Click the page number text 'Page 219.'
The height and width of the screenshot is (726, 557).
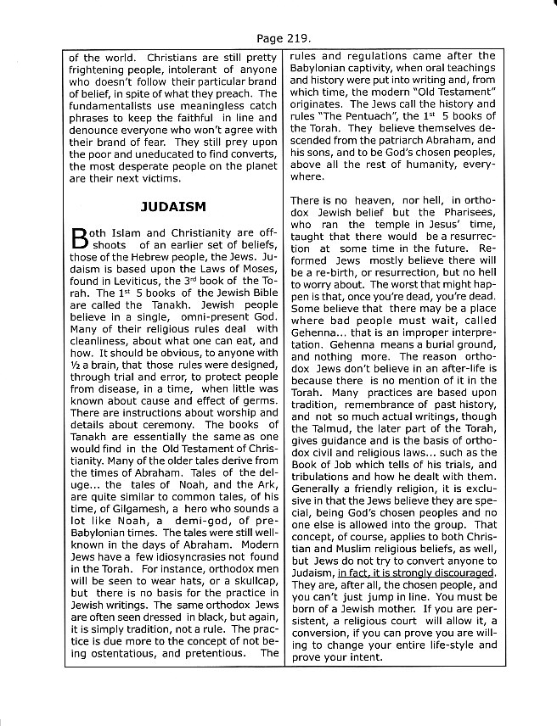click(x=278, y=38)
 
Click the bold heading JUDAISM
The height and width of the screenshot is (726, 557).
click(x=173, y=206)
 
